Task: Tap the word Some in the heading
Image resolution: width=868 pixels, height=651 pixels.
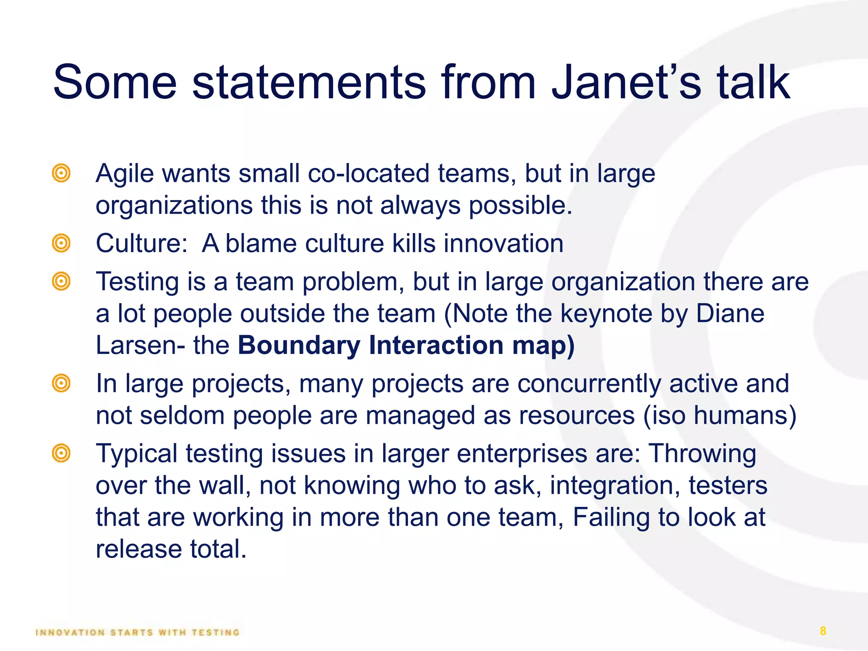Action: [x=114, y=82]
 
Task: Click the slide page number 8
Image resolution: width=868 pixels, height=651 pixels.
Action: [x=823, y=631]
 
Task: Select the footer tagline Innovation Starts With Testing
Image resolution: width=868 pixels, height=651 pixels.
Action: [x=138, y=633]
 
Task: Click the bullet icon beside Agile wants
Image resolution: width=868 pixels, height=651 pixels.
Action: [x=61, y=173]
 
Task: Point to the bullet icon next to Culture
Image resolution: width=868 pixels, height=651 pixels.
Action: [x=61, y=243]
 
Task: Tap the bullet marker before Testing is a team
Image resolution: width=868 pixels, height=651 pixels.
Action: [x=61, y=281]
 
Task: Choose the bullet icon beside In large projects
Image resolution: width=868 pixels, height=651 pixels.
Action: [x=61, y=384]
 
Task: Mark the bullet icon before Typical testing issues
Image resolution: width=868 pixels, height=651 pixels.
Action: [x=61, y=453]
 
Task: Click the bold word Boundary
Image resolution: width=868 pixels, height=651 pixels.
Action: [x=299, y=345]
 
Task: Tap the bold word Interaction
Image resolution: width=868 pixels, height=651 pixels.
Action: [x=436, y=345]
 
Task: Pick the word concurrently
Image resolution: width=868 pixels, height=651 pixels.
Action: [x=589, y=384]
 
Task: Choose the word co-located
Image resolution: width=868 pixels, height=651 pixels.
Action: [x=368, y=174]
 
